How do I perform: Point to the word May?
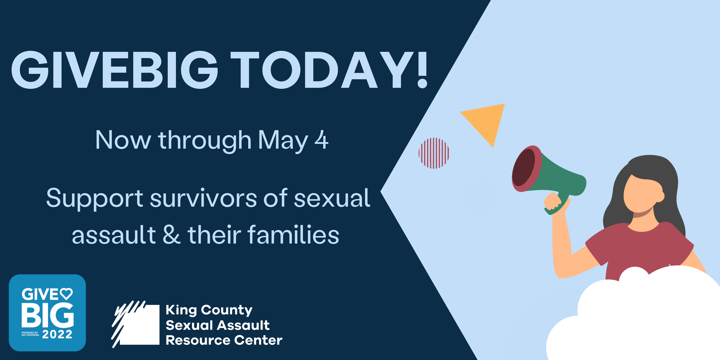[x=283, y=141]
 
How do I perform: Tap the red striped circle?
[x=434, y=153]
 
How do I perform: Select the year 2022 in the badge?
[x=57, y=334]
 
